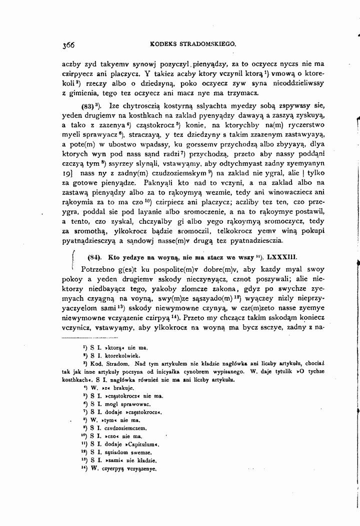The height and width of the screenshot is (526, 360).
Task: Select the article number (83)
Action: pyautogui.click(x=88, y=106)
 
